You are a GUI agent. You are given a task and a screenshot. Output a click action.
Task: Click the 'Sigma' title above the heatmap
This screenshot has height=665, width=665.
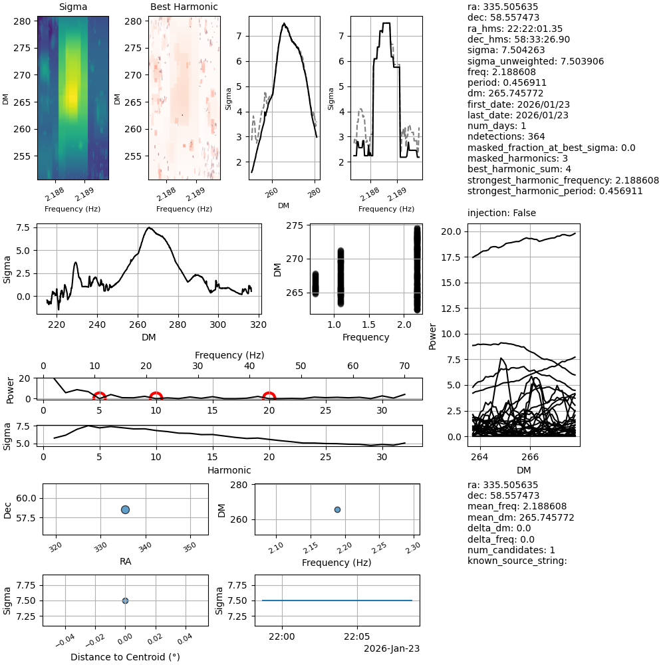click(x=72, y=7)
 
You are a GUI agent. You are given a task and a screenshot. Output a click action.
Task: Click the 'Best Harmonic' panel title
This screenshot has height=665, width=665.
click(x=184, y=7)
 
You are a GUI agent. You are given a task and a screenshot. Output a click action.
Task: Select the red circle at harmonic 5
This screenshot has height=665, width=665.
click(x=99, y=398)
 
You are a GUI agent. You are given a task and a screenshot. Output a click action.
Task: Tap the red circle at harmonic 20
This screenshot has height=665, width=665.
click(x=269, y=398)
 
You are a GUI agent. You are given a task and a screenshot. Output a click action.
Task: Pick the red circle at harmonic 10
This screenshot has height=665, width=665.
click(x=156, y=398)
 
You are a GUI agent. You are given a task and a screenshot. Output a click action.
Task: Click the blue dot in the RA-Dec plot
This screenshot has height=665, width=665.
click(x=125, y=509)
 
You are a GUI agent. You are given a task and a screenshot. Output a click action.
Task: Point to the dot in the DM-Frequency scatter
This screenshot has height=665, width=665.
click(x=337, y=509)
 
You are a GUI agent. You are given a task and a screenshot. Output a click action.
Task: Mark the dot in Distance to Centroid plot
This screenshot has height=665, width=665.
click(x=125, y=600)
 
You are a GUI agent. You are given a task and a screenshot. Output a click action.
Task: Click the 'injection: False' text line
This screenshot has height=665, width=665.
click(x=501, y=213)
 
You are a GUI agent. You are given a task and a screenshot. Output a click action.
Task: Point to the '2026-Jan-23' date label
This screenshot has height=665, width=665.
click(x=392, y=648)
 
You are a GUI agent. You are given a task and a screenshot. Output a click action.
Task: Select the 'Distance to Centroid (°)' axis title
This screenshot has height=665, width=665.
click(x=125, y=656)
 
